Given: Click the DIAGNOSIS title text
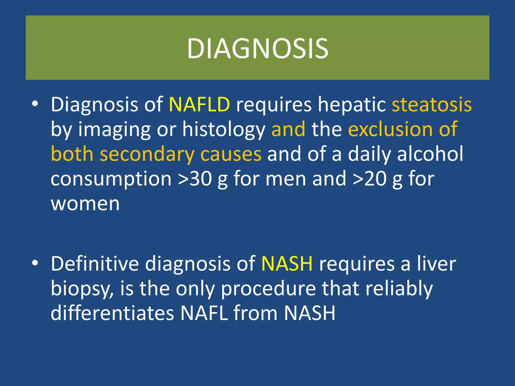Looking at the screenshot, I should pyautogui.click(x=257, y=48).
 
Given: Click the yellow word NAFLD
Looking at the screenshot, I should pyautogui.click(x=199, y=104).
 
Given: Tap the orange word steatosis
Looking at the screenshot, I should pyautogui.click(x=432, y=104).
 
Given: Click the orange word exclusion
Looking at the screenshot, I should pyautogui.click(x=390, y=129).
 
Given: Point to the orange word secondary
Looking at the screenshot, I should pyautogui.click(x=147, y=154).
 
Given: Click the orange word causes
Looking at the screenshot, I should pyautogui.click(x=231, y=154).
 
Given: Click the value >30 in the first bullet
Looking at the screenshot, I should pyautogui.click(x=195, y=179).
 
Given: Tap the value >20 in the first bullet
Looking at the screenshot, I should pyautogui.click(x=369, y=179).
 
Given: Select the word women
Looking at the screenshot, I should pyautogui.click(x=85, y=204).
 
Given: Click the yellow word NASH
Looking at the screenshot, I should pyautogui.click(x=287, y=264).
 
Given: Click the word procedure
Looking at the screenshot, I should pyautogui.click(x=268, y=289).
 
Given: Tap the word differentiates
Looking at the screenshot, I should pyautogui.click(x=112, y=313).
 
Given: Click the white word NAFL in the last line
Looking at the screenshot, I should pyautogui.click(x=204, y=313).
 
